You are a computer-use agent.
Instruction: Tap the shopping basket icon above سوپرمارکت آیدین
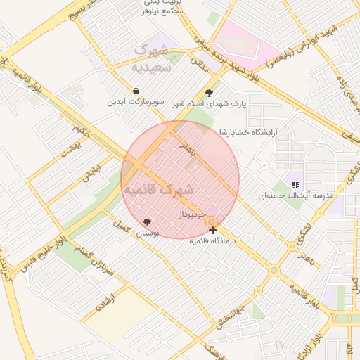(x=136, y=91)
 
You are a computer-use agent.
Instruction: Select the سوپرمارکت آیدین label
(x=136, y=103)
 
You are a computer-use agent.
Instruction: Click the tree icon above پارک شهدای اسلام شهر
(x=209, y=92)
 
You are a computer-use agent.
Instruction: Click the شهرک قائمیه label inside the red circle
(x=157, y=190)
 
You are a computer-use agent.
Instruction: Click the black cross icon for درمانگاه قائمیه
(x=212, y=230)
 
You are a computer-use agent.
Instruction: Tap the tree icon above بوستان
(x=146, y=221)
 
